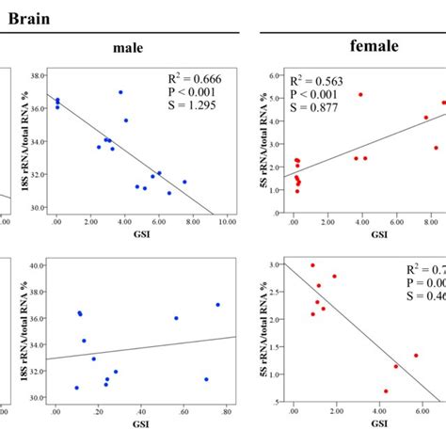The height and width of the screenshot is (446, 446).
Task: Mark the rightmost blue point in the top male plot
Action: tap(184, 182)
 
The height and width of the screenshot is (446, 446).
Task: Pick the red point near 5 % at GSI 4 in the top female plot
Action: tap(360, 95)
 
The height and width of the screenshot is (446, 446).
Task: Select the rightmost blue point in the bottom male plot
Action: tap(217, 304)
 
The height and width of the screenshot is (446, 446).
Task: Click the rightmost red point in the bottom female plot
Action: tap(415, 356)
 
